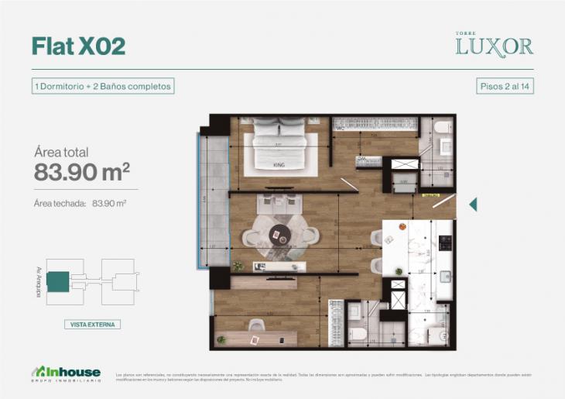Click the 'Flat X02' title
[78, 46]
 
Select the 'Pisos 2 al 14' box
[505, 86]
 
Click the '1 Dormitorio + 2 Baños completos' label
[102, 86]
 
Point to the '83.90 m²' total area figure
[81, 172]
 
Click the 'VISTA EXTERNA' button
[92, 325]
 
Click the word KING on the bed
[279, 165]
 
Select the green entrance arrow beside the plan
[473, 205]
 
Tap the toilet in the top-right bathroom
[442, 128]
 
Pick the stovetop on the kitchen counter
[445, 242]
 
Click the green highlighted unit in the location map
[57, 280]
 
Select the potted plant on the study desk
[221, 339]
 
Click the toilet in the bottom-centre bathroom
[358, 334]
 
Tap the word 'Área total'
[62, 151]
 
